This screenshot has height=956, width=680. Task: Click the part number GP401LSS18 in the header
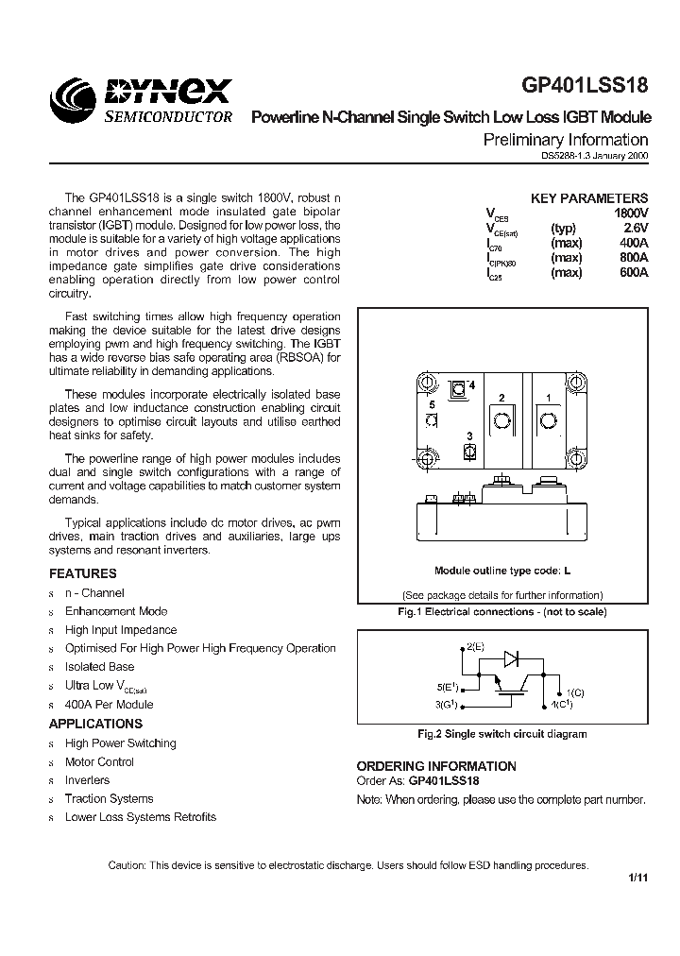pos(586,85)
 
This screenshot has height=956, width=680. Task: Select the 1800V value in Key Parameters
pos(631,213)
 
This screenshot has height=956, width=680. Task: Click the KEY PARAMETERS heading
pos(589,198)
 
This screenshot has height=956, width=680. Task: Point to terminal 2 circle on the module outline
pos(502,418)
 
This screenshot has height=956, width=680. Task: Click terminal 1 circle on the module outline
pos(547,418)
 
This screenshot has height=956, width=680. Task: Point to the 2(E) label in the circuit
pos(475,647)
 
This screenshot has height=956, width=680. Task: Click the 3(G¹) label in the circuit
pos(449,704)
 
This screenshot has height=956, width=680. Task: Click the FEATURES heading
pos(83,573)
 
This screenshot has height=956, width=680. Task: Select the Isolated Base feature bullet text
pos(99,667)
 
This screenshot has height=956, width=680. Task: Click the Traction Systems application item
pos(109,799)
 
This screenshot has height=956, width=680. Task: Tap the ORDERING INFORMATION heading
pos(436,766)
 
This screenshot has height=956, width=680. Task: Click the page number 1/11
pos(637,880)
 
